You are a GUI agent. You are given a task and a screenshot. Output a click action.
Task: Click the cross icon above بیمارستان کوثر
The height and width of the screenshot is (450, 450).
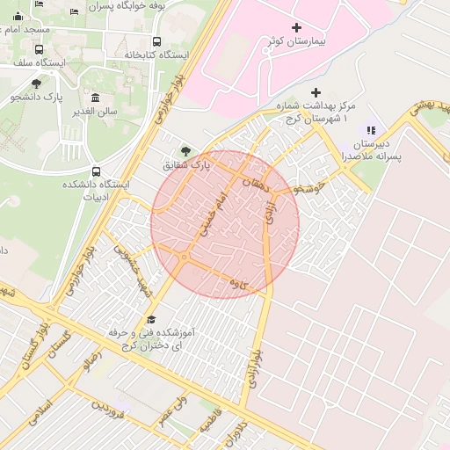(296, 28)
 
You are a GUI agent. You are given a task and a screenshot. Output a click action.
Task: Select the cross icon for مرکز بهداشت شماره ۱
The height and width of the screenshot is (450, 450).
(316, 92)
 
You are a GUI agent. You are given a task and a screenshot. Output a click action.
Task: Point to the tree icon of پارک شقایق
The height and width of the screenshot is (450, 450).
(185, 150)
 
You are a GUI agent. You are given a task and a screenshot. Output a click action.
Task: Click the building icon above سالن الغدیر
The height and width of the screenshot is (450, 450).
(95, 98)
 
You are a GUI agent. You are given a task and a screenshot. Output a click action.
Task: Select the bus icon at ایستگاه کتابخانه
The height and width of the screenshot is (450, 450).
(156, 41)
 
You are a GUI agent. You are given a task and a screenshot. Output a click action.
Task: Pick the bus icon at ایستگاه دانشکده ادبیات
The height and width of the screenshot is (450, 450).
(96, 171)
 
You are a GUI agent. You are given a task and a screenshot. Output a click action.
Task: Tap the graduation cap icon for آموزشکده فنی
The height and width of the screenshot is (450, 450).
(150, 321)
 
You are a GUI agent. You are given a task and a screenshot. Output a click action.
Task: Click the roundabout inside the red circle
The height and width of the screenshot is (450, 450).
(183, 257)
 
